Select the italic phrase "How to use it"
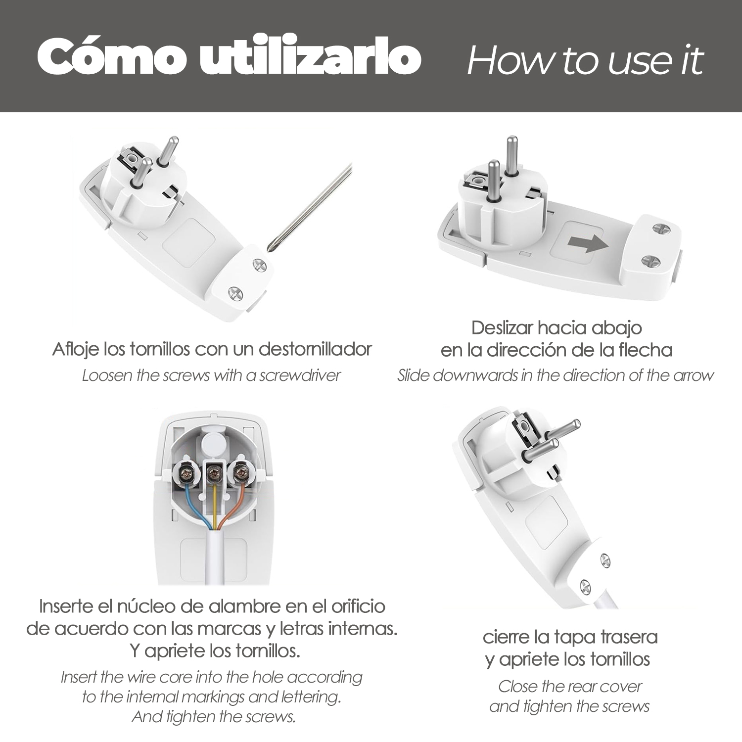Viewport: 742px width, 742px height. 585,60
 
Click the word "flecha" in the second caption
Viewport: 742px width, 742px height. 646,350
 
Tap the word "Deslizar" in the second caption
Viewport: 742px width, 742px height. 502,327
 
